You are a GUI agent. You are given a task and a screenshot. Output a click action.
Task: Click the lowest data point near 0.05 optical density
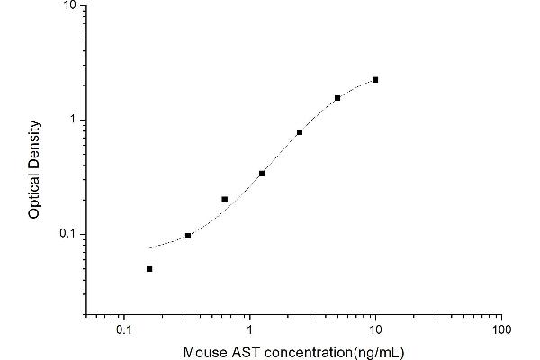[149, 268]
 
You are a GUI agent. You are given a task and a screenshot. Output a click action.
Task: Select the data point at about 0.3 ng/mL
[188, 236]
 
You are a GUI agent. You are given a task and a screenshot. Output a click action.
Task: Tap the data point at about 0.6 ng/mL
[224, 199]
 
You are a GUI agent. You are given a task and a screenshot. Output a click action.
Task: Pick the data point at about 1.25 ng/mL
[262, 174]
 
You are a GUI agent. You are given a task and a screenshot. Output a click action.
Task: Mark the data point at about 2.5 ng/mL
[300, 132]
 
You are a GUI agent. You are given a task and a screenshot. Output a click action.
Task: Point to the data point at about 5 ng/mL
[337, 98]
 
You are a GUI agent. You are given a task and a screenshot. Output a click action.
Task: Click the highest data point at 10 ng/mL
[375, 80]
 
